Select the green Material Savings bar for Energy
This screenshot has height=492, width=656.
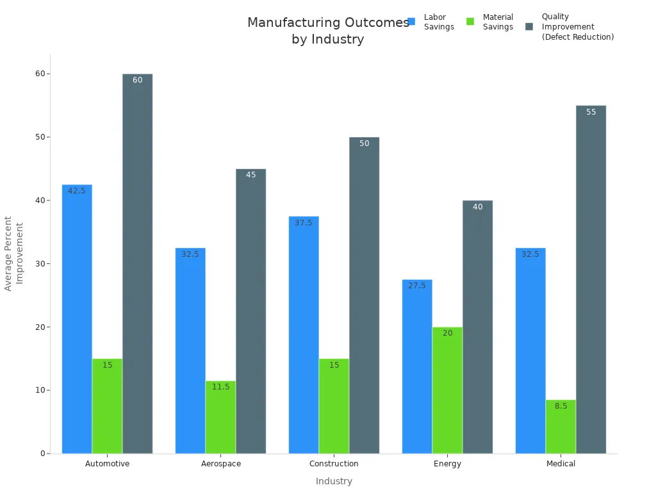pos(447,390)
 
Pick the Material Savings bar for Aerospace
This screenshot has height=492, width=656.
pos(220,417)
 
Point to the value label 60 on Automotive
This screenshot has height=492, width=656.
pos(138,80)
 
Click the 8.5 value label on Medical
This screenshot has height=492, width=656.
pos(561,406)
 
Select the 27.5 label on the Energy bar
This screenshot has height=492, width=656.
pos(417,286)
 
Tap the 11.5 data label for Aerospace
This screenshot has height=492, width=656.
pos(220,387)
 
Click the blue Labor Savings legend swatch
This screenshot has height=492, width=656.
pos(411,22)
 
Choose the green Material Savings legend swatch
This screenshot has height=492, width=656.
pos(470,22)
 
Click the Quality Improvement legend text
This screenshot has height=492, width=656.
pos(577,27)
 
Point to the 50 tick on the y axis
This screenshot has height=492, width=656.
pos(41,137)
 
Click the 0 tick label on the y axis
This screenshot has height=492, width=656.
pos(43,454)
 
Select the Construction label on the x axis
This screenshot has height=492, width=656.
pos(334,464)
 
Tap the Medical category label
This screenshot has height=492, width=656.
pos(561,464)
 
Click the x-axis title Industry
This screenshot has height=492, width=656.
pos(334,481)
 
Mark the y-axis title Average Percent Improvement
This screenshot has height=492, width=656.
pos(13,254)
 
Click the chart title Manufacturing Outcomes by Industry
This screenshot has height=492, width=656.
pos(328,31)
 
